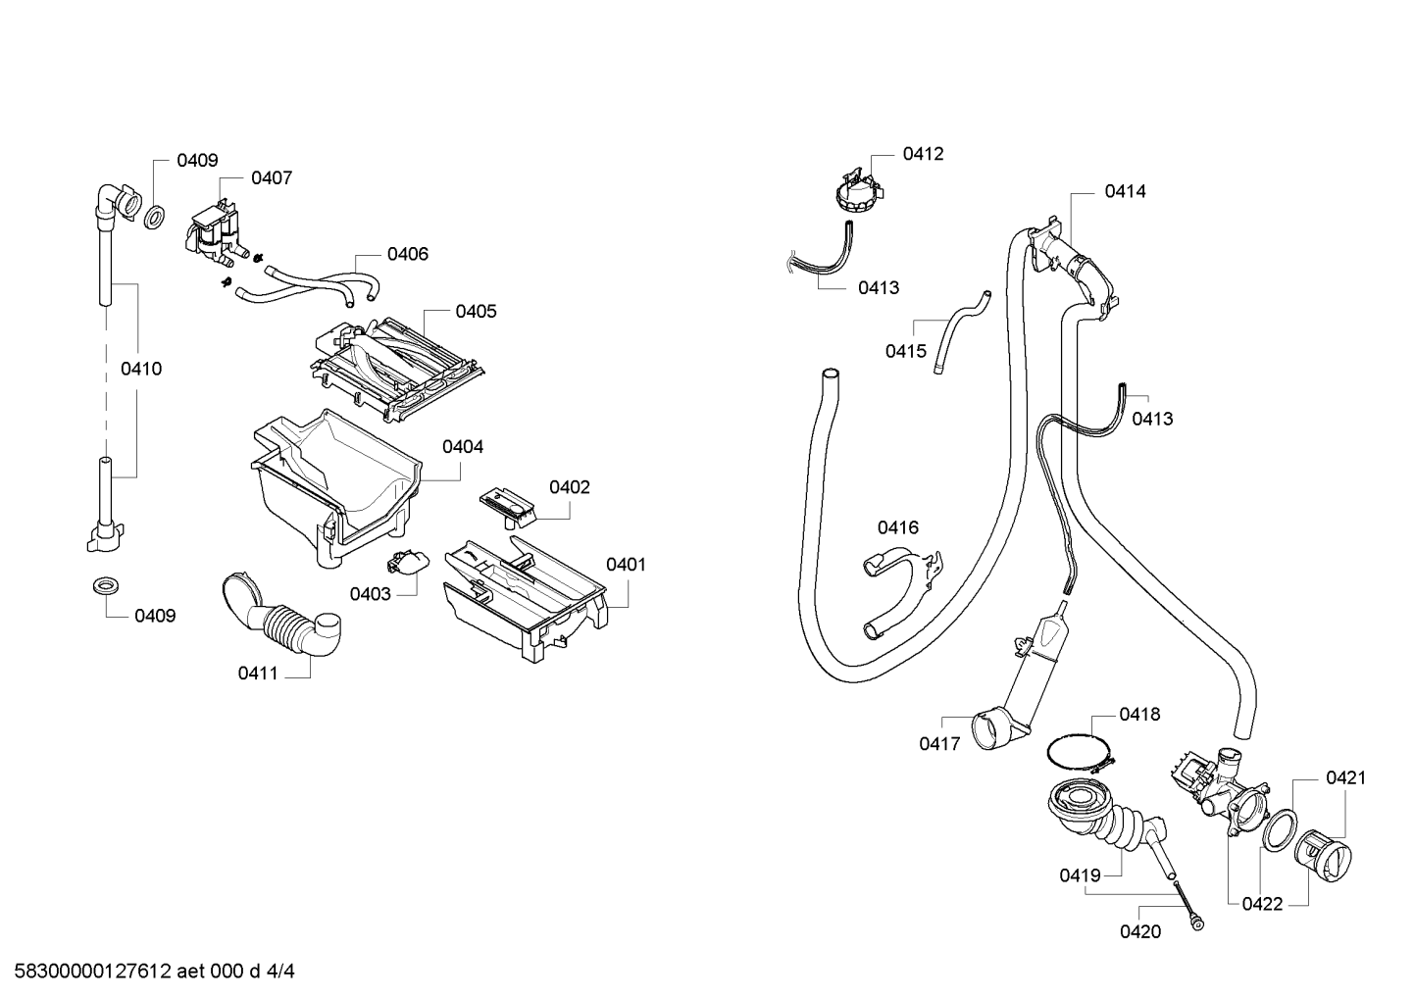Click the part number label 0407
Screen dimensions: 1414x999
[x=272, y=178]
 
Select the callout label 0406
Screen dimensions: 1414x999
[x=408, y=254]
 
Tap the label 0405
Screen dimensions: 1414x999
[x=476, y=311]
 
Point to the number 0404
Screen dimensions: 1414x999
[x=463, y=447]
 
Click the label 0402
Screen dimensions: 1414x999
[x=570, y=487]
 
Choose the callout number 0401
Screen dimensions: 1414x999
[x=627, y=565]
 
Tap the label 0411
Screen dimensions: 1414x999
[x=258, y=674]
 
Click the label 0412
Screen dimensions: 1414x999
[x=923, y=154]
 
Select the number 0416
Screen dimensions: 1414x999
[x=897, y=527]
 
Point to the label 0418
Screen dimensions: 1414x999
[x=1139, y=715]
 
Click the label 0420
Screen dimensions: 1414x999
[x=1140, y=931]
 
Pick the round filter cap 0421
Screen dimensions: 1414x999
[x=1323, y=856]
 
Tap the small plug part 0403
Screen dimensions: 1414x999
[x=407, y=562]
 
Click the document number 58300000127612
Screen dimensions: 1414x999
[x=92, y=971]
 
